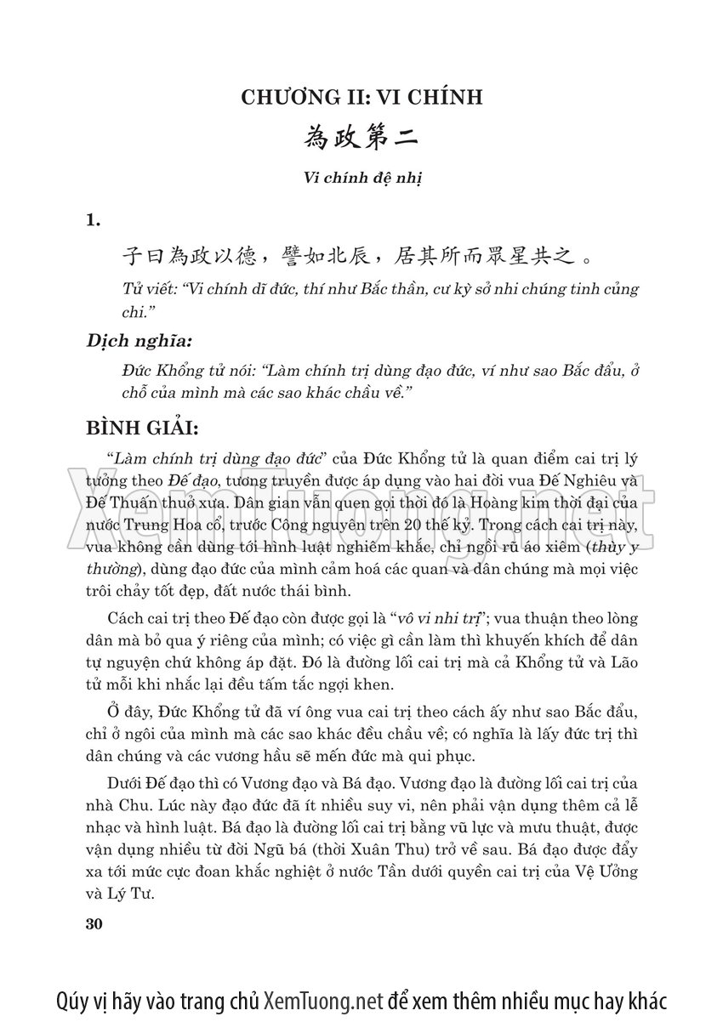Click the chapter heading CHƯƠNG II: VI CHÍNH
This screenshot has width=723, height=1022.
tap(361, 98)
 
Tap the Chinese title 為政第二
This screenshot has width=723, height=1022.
tap(361, 139)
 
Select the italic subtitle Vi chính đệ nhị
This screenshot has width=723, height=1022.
tap(361, 179)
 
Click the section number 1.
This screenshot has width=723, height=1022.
tap(93, 221)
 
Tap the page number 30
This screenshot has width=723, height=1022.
tap(94, 924)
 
